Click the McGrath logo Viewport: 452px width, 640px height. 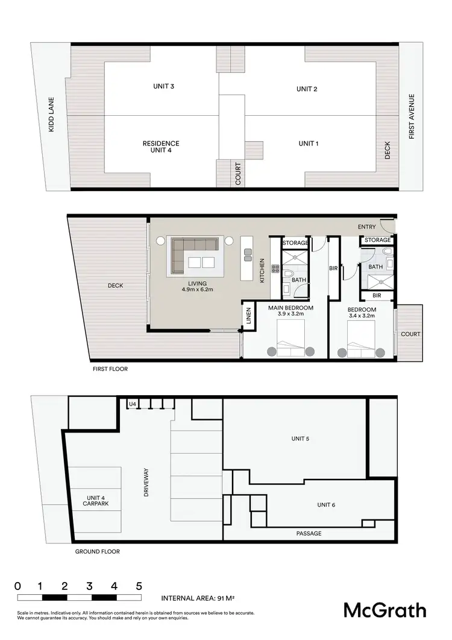pyautogui.click(x=385, y=610)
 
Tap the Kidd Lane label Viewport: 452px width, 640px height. pyautogui.click(x=52, y=115)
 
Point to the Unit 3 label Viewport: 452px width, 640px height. pyautogui.click(x=163, y=86)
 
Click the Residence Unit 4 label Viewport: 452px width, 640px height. pyautogui.click(x=161, y=147)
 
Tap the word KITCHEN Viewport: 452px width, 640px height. pyautogui.click(x=262, y=270)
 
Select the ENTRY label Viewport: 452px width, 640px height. pyautogui.click(x=366, y=227)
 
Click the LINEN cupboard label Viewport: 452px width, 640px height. pyautogui.click(x=248, y=316)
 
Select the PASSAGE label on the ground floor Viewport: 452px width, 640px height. pyautogui.click(x=309, y=533)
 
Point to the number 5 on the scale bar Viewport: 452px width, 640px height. pyautogui.click(x=139, y=586)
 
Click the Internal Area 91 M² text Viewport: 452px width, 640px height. pyautogui.click(x=197, y=599)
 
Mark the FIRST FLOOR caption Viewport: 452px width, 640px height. pyautogui.click(x=110, y=369)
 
